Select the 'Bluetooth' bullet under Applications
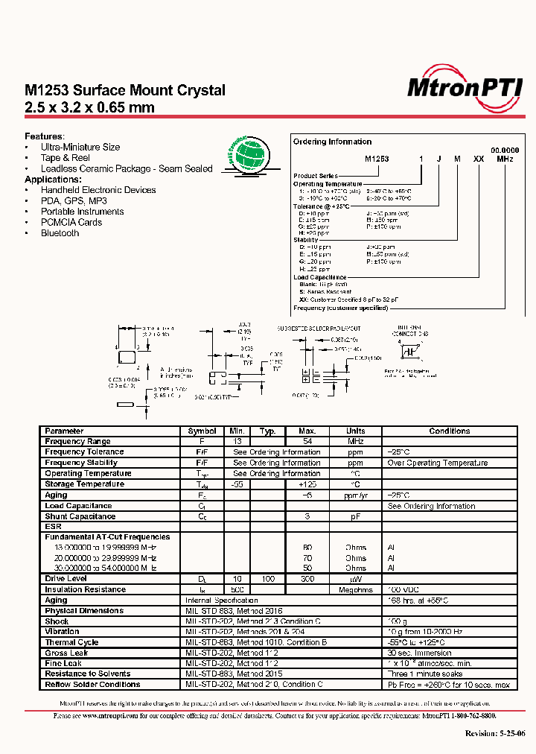(x=60, y=233)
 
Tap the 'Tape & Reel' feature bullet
(x=65, y=158)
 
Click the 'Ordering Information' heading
(x=332, y=142)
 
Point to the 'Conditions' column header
(x=449, y=431)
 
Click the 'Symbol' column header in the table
(x=202, y=431)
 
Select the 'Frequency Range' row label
(x=77, y=441)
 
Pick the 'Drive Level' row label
(x=66, y=578)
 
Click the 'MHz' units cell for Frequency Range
(x=356, y=441)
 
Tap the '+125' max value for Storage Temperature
(x=307, y=484)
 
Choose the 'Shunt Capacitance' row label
(x=80, y=516)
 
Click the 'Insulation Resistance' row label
(x=85, y=589)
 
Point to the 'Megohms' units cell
(x=356, y=589)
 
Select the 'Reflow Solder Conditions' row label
(x=92, y=684)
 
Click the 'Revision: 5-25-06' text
(x=495, y=733)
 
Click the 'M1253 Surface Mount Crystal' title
(x=125, y=90)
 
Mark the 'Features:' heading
(x=45, y=136)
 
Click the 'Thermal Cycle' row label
(x=71, y=641)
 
